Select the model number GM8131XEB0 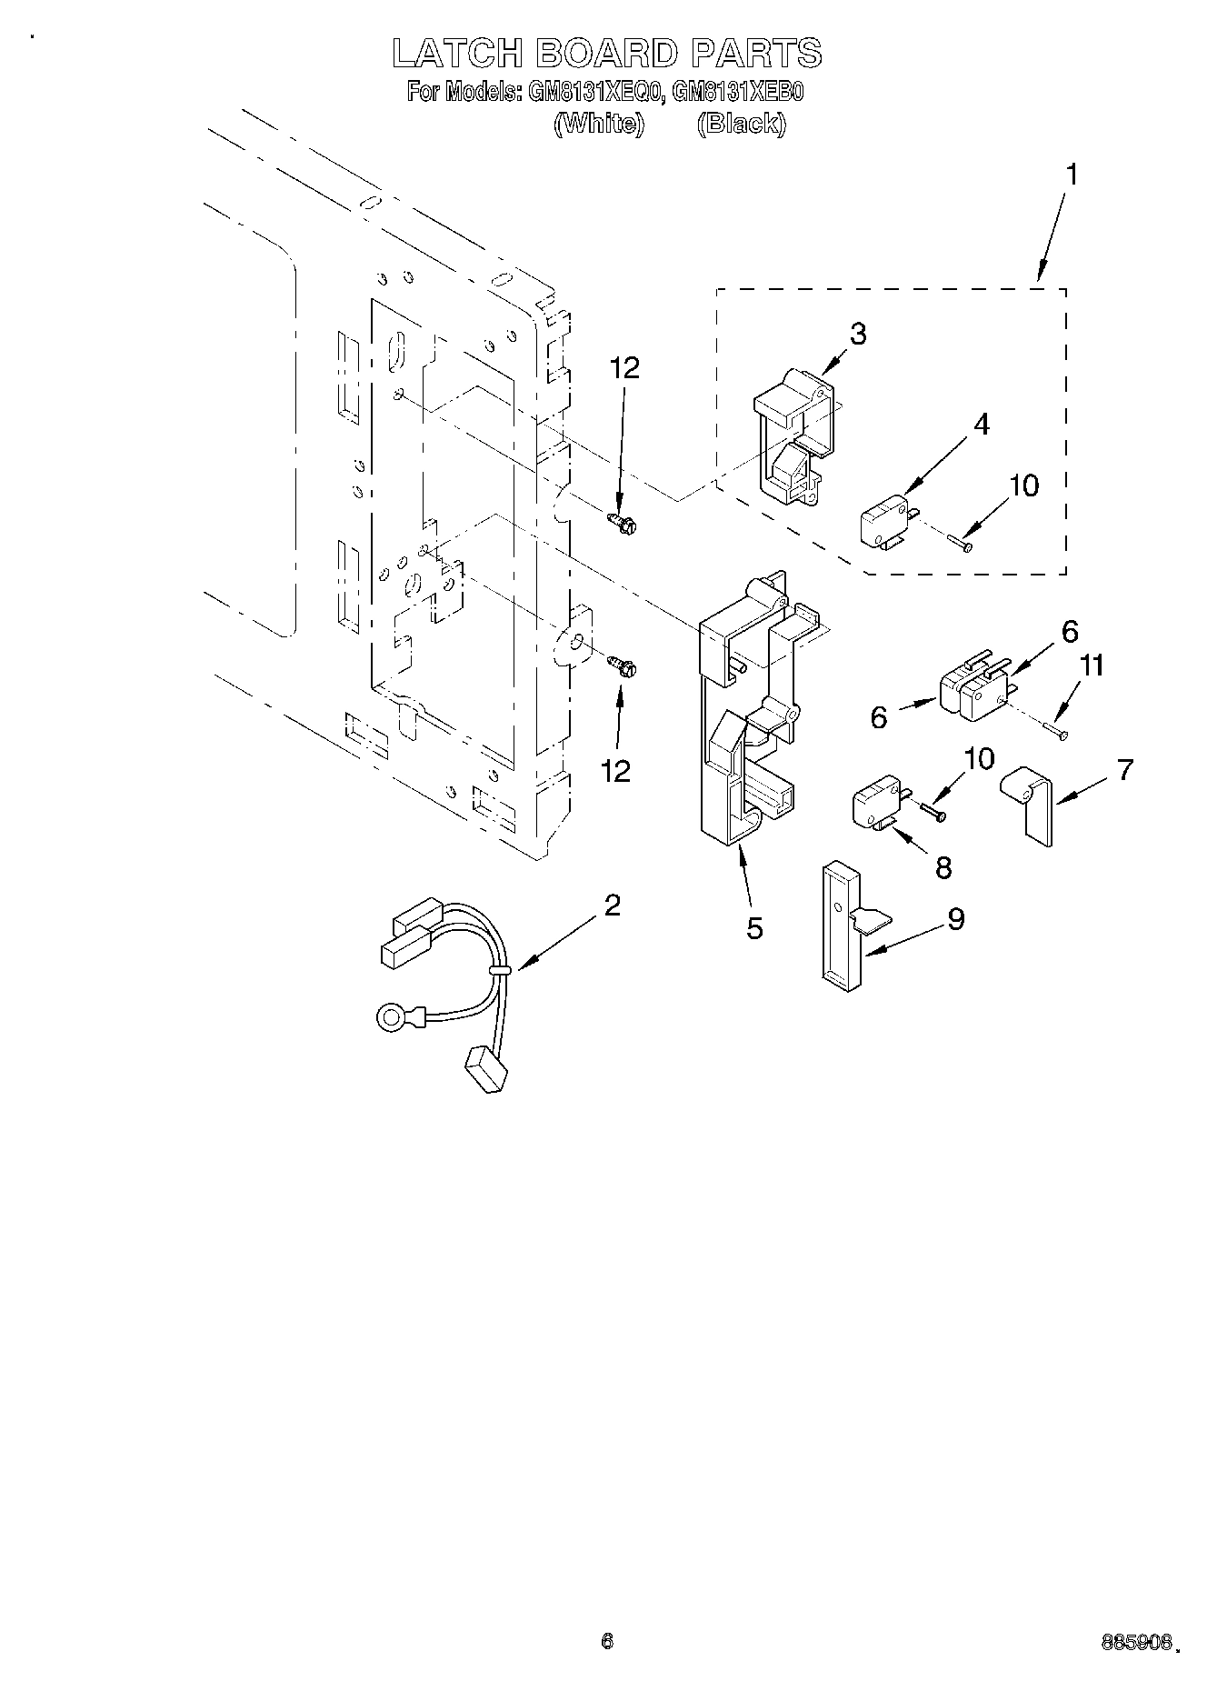coord(738,93)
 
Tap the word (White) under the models coord(598,124)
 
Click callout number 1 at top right coord(1072,175)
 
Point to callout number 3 coord(857,334)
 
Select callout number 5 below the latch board coord(755,928)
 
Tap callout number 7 coord(1125,770)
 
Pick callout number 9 coord(955,919)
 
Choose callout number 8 coord(943,867)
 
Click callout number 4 coord(982,424)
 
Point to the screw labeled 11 coord(1059,731)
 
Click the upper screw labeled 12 coord(622,523)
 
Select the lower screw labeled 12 coord(623,666)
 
